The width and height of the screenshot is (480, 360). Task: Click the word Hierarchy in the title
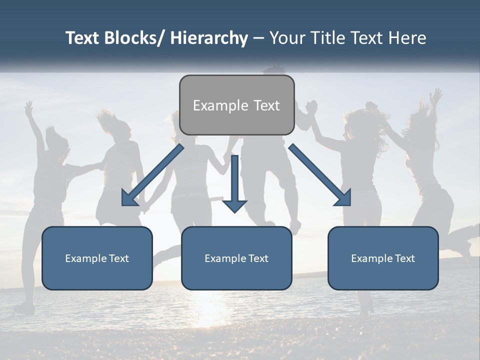[x=208, y=38]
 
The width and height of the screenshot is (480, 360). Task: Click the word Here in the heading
[x=406, y=38]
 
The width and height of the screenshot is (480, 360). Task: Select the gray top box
[x=236, y=105]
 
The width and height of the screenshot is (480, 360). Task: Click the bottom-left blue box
[x=97, y=258]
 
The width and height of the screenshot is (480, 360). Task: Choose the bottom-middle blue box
[x=236, y=258]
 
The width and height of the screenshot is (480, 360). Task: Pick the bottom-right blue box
[x=383, y=258]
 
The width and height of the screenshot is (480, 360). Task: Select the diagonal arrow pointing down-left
[x=152, y=175]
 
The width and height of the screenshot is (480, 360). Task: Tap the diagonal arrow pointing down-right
[x=320, y=175]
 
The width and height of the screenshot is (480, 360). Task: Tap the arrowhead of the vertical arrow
[x=234, y=204]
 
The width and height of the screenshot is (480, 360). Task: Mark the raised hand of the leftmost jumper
[x=29, y=106]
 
